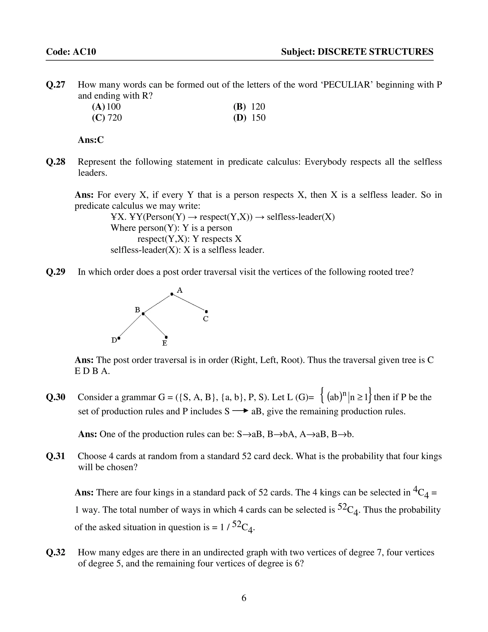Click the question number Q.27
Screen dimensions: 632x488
pos(56,85)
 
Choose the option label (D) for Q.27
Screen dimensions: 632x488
pos(240,118)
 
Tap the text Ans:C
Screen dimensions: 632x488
pos(91,140)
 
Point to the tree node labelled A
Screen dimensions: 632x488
pos(172,294)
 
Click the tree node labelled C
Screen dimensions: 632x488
pos(206,312)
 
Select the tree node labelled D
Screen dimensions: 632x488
pos(119,338)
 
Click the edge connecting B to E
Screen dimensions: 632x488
pos(155,326)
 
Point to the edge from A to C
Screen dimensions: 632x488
pos(189,303)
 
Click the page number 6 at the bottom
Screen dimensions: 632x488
pos(244,598)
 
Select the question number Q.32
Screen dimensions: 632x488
pos(56,552)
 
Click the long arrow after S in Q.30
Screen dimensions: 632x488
pos(240,411)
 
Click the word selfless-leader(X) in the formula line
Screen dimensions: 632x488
pos(301,217)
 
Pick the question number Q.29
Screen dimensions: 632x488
pos(56,272)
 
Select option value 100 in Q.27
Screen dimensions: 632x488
pos(114,107)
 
